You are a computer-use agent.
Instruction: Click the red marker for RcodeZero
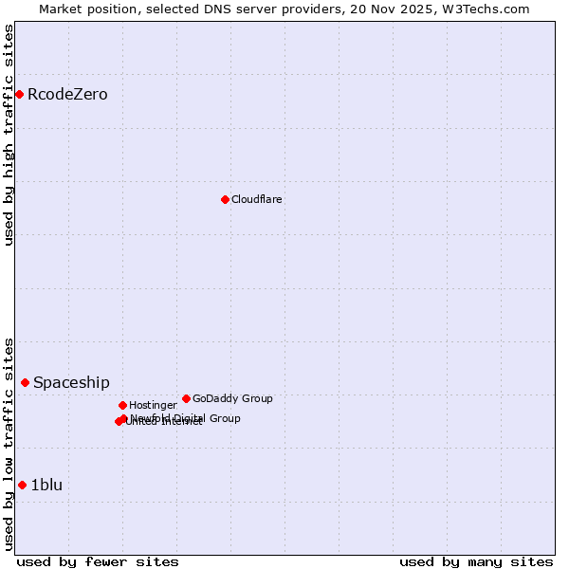click(x=19, y=94)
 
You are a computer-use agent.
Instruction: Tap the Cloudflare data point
click(x=225, y=199)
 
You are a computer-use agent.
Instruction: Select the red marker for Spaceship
click(x=25, y=382)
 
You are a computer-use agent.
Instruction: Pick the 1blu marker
click(x=22, y=485)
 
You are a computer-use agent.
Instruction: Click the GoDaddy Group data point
click(x=186, y=398)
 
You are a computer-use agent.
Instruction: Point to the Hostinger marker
click(x=122, y=405)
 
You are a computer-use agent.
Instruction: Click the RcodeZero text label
click(x=67, y=94)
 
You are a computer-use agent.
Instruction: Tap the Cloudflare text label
click(x=257, y=199)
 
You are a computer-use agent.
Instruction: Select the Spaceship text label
click(x=71, y=382)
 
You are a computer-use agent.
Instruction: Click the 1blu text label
click(x=46, y=485)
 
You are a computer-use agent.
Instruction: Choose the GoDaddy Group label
click(x=232, y=398)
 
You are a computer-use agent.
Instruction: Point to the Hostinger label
click(x=153, y=405)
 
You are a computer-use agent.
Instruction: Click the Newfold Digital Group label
click(x=186, y=417)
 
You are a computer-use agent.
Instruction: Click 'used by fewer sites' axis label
click(x=98, y=561)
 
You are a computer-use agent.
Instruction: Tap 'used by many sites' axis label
click(x=476, y=561)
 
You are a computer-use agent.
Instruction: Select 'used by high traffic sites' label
click(x=9, y=135)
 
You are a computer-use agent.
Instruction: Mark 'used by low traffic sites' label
click(x=9, y=444)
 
